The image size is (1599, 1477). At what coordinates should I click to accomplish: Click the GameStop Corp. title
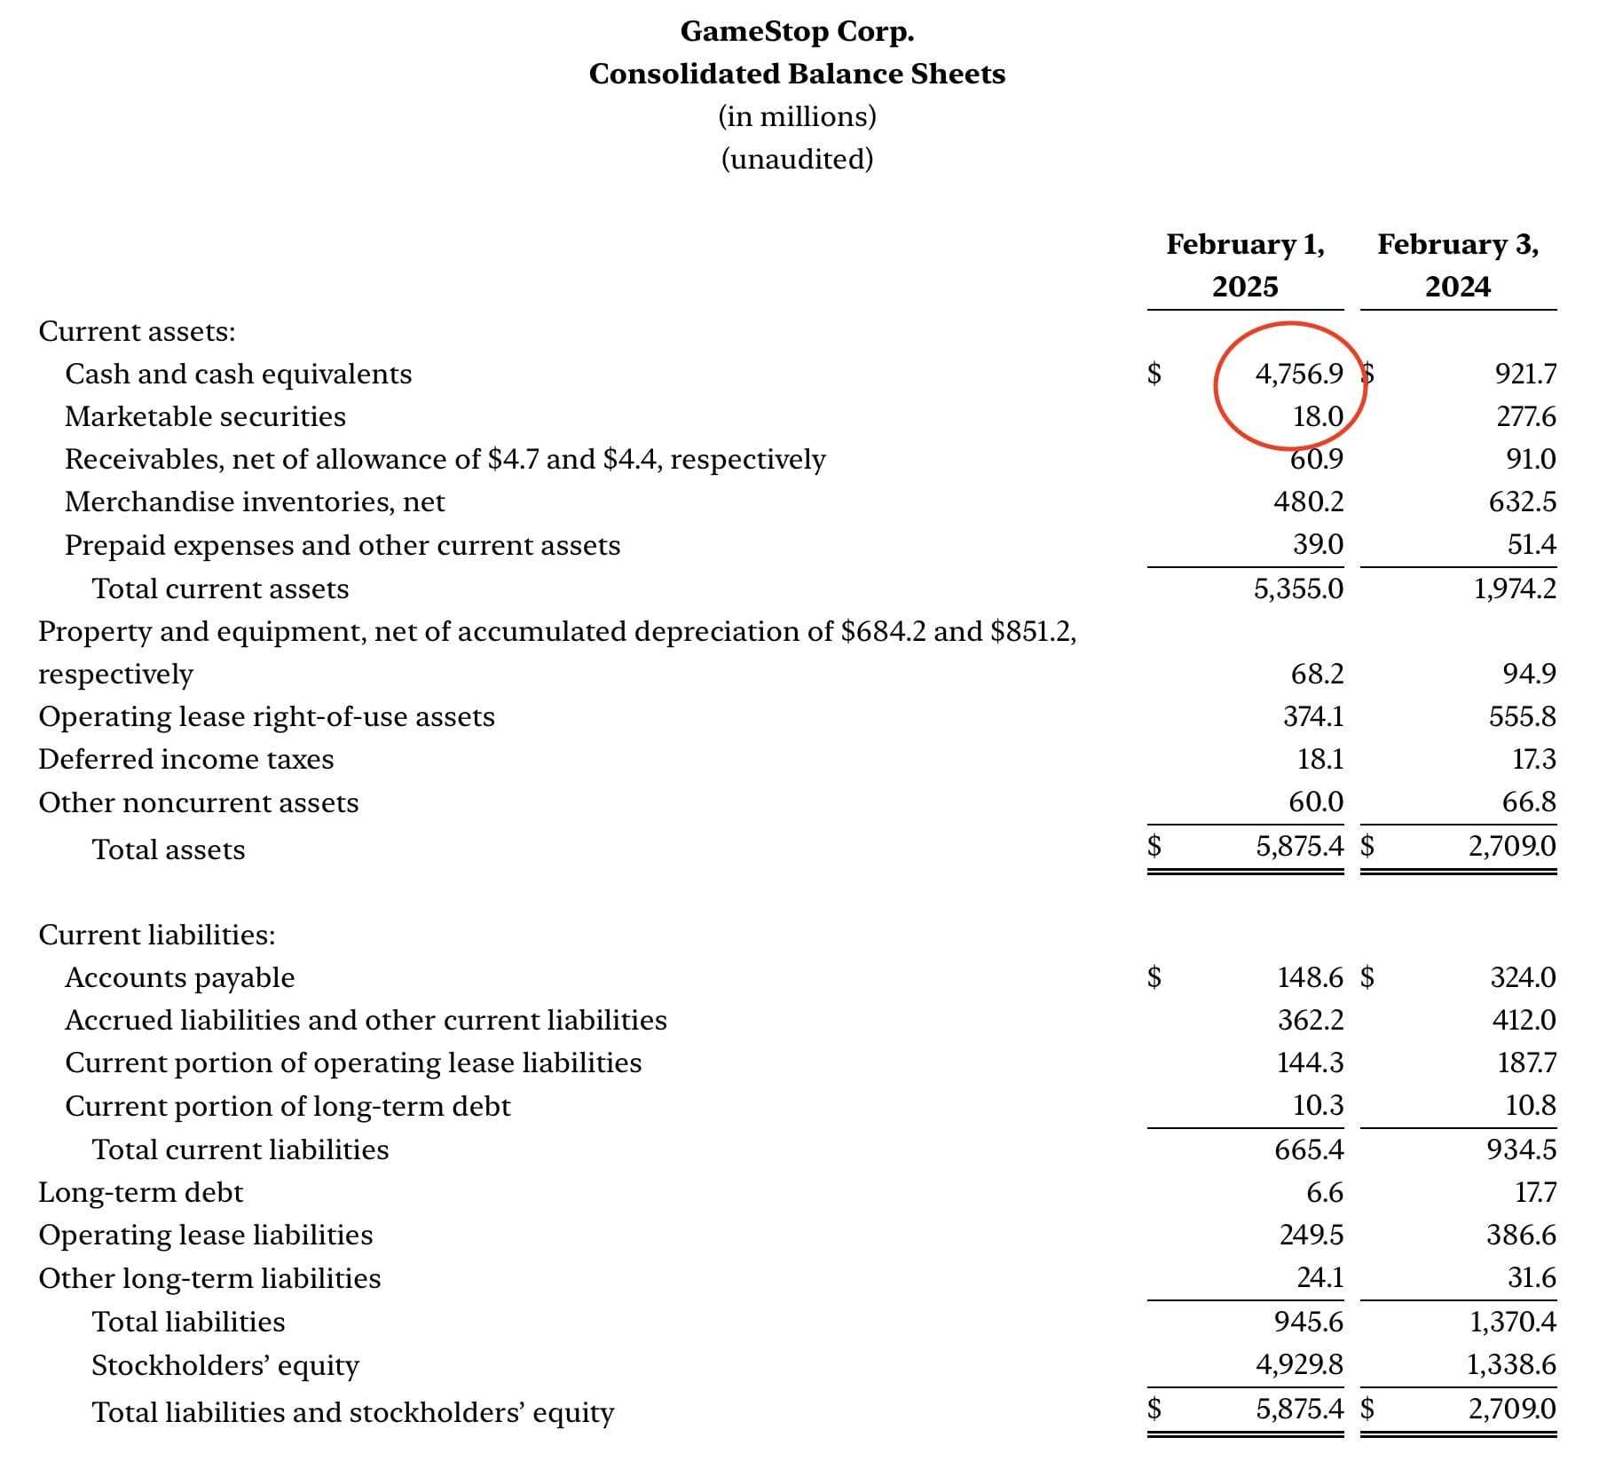tap(797, 31)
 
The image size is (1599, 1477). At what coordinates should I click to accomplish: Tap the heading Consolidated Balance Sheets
tap(797, 74)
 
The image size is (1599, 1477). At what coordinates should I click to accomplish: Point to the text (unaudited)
tap(797, 159)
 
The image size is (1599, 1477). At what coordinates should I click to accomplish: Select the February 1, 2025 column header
tap(1245, 265)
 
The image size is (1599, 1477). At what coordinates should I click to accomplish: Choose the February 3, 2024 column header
tap(1458, 265)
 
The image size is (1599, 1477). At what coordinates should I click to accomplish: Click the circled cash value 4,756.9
tap(1299, 374)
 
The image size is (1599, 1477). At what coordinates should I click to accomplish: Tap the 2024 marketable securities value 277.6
tap(1526, 416)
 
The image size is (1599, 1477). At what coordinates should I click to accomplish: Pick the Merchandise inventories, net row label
tap(255, 502)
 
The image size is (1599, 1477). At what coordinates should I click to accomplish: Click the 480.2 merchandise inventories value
tap(1309, 502)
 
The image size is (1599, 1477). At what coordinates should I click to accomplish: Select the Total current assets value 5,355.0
tap(1299, 588)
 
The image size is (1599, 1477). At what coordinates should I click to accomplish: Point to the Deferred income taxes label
tap(186, 759)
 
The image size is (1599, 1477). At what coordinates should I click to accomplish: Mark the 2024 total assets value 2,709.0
tap(1512, 845)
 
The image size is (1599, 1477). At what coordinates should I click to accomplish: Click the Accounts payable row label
tap(180, 977)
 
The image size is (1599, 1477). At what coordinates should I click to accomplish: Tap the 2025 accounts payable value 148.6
tap(1311, 977)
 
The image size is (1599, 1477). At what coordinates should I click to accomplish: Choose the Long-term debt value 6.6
tap(1325, 1192)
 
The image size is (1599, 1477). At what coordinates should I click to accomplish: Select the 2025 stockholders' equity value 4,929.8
tap(1299, 1364)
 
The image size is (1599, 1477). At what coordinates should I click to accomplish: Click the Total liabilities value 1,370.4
tap(1512, 1322)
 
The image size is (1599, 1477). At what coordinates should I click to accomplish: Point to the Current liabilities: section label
tap(157, 935)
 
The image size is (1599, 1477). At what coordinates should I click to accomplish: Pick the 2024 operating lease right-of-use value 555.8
tap(1523, 716)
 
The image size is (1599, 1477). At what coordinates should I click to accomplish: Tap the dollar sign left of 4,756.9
tap(1154, 374)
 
